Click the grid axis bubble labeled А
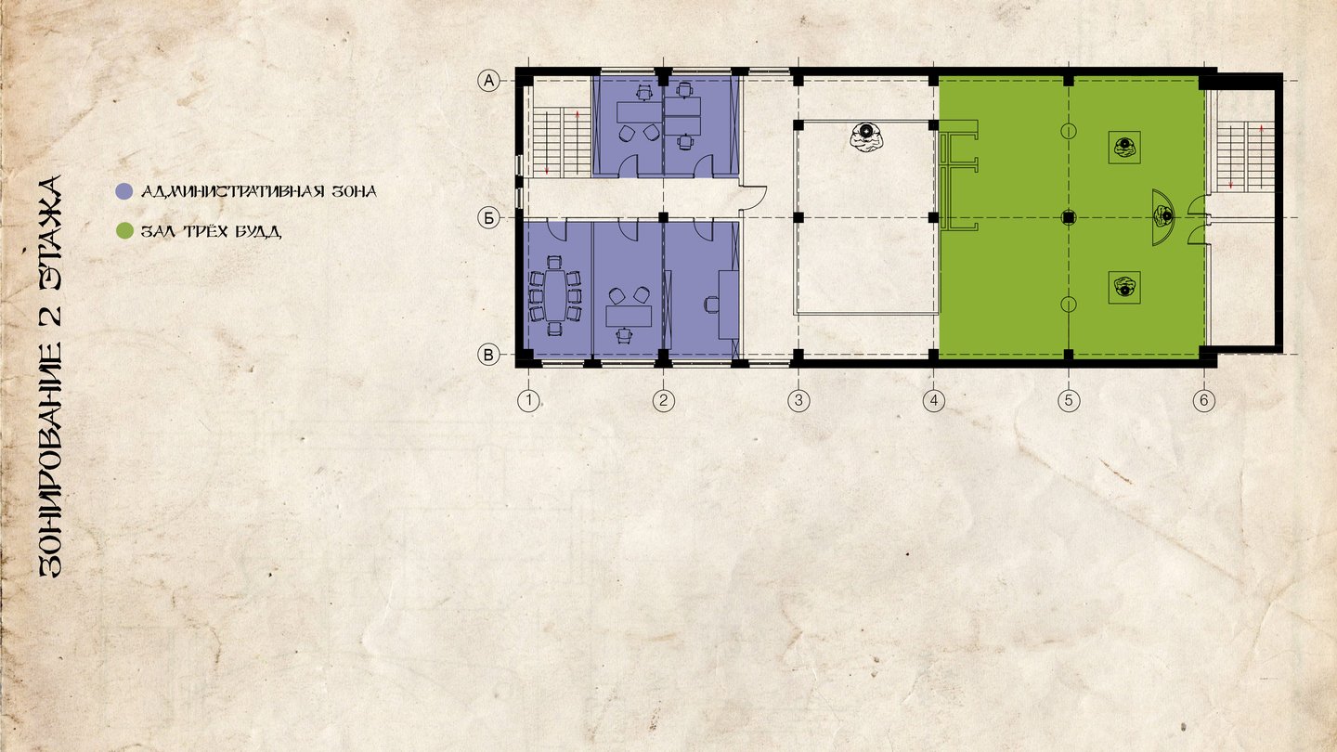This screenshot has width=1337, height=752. tap(488, 80)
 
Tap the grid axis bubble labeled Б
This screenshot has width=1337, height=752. tap(488, 218)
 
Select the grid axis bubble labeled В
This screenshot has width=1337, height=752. tap(488, 355)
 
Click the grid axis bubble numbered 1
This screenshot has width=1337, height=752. tap(528, 400)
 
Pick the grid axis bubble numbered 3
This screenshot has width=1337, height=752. tap(798, 400)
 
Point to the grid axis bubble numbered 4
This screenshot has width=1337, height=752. tap(934, 400)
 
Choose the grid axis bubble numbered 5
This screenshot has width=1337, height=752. tap(1069, 400)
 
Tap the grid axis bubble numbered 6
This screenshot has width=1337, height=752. tap(1204, 400)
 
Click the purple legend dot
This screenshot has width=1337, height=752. tap(123, 191)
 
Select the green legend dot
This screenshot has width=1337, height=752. tap(124, 230)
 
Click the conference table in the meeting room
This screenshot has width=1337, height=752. tap(555, 295)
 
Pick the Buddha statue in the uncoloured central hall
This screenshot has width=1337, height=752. tap(866, 136)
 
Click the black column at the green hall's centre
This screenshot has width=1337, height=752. tap(1069, 218)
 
